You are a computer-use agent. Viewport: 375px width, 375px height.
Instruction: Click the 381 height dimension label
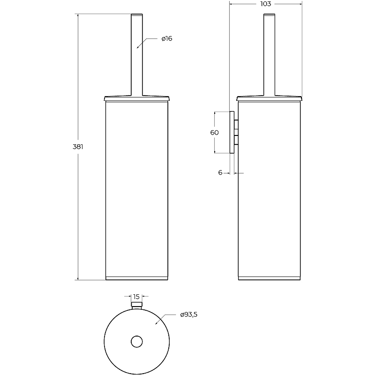pyautogui.click(x=78, y=147)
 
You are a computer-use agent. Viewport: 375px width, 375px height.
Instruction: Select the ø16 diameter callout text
pyautogui.click(x=167, y=38)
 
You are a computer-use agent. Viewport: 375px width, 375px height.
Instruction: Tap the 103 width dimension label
pyautogui.click(x=266, y=4)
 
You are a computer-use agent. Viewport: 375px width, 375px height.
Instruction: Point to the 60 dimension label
pyautogui.click(x=215, y=133)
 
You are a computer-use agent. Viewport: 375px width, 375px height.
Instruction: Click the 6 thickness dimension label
pyautogui.click(x=220, y=172)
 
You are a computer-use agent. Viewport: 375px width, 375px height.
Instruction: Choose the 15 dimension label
pyautogui.click(x=136, y=297)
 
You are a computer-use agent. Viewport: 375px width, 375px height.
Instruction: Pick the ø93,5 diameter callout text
pyautogui.click(x=189, y=315)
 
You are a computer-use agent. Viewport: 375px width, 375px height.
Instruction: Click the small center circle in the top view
pyautogui.click(x=137, y=342)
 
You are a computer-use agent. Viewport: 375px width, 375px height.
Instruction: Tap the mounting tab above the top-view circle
pyautogui.click(x=137, y=306)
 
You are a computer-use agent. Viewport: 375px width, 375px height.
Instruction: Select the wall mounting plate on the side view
pyautogui.click(x=232, y=132)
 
